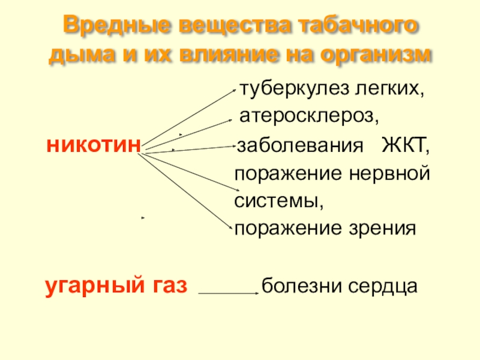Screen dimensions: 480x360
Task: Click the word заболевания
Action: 299,146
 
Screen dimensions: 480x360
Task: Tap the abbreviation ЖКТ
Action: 406,146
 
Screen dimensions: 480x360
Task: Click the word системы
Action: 278,201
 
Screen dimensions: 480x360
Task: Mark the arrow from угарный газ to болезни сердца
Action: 228,293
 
